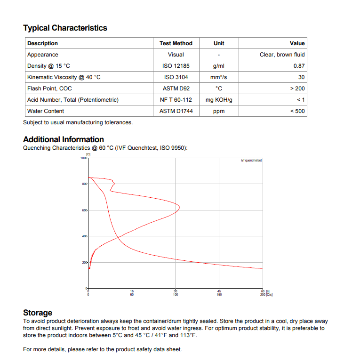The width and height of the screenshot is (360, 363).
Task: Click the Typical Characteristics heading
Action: click(x=65, y=28)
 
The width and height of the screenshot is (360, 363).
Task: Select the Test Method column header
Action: click(x=176, y=43)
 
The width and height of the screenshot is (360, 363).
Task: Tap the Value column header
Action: click(x=297, y=43)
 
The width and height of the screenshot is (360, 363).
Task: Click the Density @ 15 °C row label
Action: click(x=48, y=66)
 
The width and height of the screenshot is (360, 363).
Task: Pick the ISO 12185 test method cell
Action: click(x=176, y=66)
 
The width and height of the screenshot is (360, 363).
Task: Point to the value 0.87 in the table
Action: click(x=299, y=66)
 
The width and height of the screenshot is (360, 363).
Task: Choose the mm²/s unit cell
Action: click(x=219, y=77)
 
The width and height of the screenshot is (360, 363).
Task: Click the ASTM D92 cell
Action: click(x=176, y=89)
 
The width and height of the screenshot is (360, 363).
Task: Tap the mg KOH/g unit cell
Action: click(x=219, y=100)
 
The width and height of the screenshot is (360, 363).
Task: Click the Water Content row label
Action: click(x=46, y=111)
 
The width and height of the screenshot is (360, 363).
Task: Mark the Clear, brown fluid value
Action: click(x=282, y=55)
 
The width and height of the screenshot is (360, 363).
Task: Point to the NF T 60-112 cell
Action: click(x=176, y=100)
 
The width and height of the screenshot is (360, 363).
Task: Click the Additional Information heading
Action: click(x=64, y=139)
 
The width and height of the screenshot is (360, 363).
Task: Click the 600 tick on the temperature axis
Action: click(x=85, y=210)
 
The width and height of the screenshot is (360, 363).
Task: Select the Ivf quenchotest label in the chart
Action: click(x=251, y=161)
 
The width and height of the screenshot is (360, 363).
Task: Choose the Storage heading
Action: click(x=38, y=313)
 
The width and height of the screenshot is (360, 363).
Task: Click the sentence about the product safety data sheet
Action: click(x=102, y=349)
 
